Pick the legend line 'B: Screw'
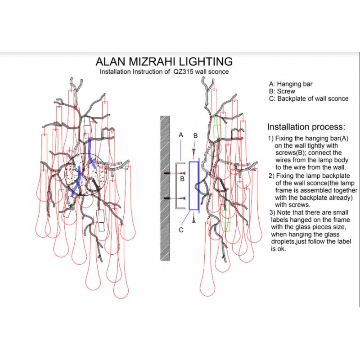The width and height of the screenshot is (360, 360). click(x=282, y=91)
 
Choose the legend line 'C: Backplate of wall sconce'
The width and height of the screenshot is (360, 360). click(x=308, y=99)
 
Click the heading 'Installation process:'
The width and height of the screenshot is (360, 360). click(x=306, y=126)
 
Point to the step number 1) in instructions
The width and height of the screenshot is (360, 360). click(x=270, y=138)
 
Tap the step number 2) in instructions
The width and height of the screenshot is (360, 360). click(x=270, y=175)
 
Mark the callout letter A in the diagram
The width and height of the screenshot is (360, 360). click(x=180, y=135)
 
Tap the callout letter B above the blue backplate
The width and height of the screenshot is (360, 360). click(x=195, y=135)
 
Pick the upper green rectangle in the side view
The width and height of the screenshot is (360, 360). click(x=217, y=126)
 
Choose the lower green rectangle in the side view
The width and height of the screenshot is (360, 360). click(x=226, y=220)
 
